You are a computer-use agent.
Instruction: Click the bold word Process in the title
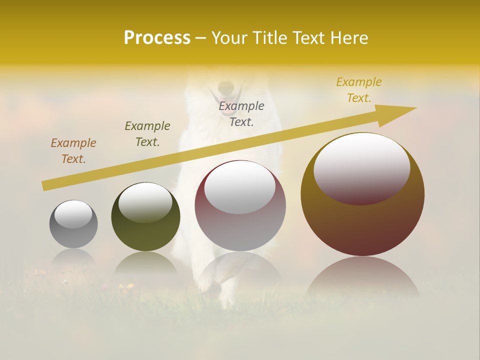(x=157, y=38)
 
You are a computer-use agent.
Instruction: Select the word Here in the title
(x=349, y=38)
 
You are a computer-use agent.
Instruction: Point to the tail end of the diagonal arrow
(x=44, y=186)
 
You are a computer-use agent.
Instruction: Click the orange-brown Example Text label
(x=73, y=151)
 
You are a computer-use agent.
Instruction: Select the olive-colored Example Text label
(x=147, y=134)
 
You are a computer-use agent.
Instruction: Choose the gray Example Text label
(x=241, y=114)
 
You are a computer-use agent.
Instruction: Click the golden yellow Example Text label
(x=359, y=90)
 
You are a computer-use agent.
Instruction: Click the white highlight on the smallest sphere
(x=73, y=214)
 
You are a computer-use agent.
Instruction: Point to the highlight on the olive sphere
(x=145, y=201)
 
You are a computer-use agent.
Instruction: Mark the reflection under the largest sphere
(x=362, y=277)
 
